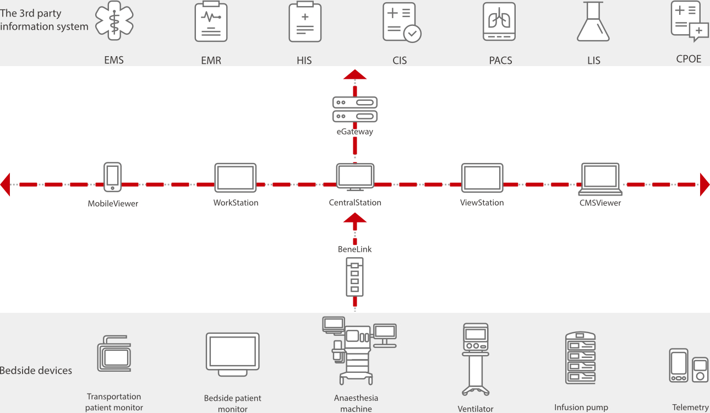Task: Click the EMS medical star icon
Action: coord(114,22)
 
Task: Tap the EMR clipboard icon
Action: coord(211,22)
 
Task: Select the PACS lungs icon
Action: coord(499,22)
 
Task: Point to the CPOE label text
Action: coord(689,59)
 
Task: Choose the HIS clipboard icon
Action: coord(305,22)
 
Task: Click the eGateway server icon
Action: coord(355,109)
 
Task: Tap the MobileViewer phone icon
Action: coord(112,177)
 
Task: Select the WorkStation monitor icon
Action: coord(235,178)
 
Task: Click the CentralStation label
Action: coord(355,203)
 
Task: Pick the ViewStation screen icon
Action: coord(482,178)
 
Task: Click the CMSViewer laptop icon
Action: coord(600,179)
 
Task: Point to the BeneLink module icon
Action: coord(354,277)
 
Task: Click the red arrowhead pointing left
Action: coord(6,184)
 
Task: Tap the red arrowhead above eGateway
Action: coord(355,74)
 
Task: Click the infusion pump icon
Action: coord(581,358)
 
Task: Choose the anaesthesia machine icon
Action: coord(356,350)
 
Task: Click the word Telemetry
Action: coord(690,407)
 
